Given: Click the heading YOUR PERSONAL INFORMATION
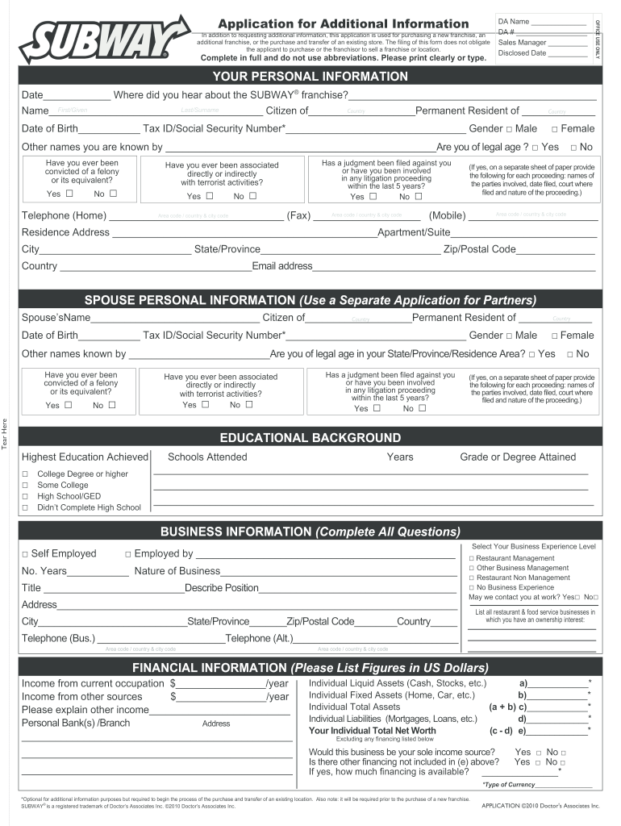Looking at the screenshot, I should [310, 77].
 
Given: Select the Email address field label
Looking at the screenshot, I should [282, 266].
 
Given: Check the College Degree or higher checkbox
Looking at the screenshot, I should [25, 474].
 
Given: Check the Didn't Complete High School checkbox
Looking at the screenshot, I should [25, 508].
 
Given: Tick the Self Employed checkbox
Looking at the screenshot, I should [25, 554].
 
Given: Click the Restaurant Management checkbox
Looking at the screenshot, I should [470, 558].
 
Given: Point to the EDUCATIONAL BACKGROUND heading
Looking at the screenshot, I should [310, 438].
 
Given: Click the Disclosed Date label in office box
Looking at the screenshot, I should [522, 53].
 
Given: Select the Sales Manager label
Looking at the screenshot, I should [522, 42].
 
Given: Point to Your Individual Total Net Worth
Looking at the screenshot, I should [372, 731].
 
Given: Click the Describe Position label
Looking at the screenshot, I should [222, 588].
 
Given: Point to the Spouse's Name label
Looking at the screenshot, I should [56, 318].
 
